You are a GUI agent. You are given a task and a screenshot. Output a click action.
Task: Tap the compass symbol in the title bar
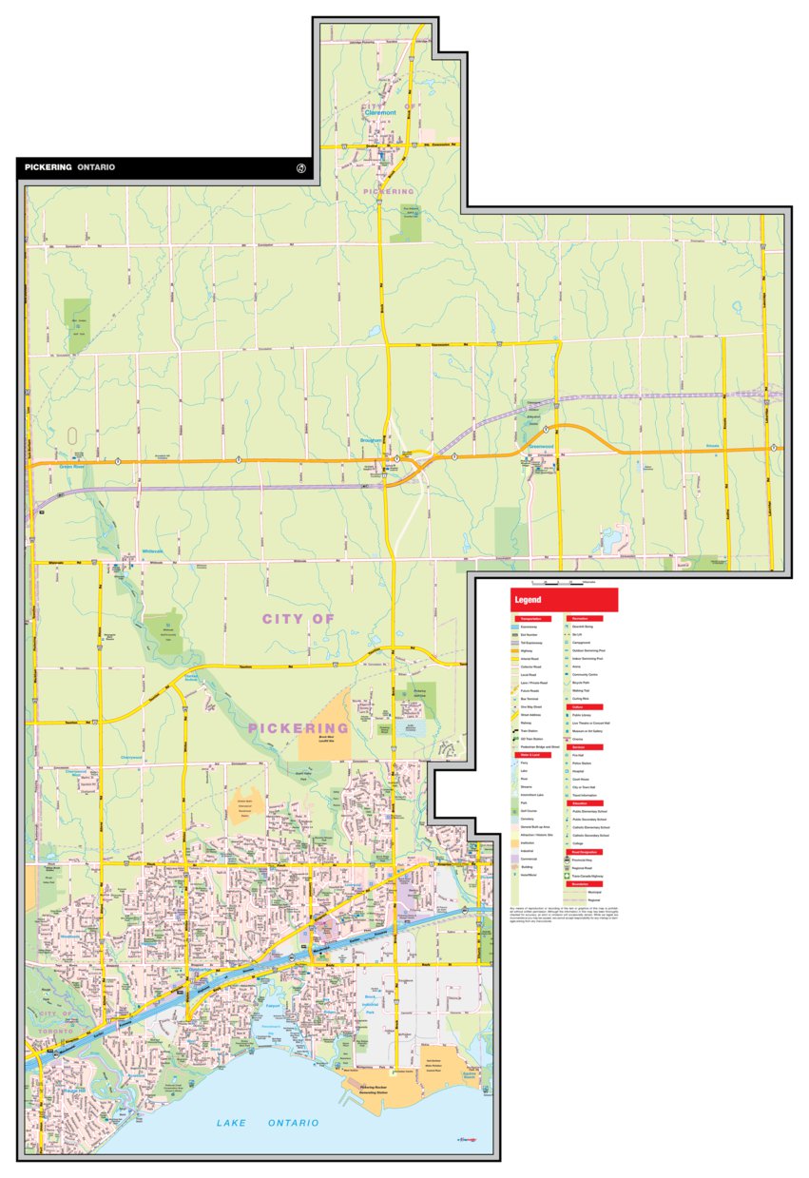(x=301, y=168)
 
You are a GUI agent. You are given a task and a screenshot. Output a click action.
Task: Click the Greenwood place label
(x=541, y=447)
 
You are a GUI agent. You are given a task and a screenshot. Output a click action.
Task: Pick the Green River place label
(x=72, y=468)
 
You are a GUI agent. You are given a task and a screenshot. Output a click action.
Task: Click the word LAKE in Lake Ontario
(x=231, y=1124)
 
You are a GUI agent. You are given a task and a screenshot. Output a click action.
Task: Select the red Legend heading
(x=529, y=600)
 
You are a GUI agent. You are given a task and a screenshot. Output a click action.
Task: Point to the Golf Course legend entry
(x=532, y=808)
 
